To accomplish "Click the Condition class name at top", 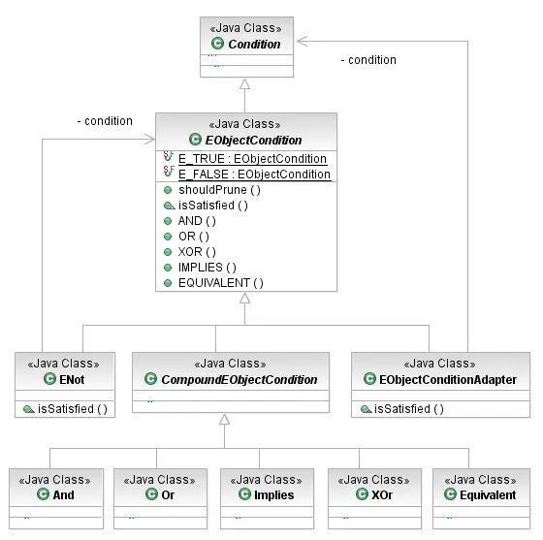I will pyautogui.click(x=254, y=44).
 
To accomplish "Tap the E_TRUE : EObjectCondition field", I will pyautogui.click(x=251, y=158).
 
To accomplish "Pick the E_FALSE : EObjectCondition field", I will pyautogui.click(x=254, y=175).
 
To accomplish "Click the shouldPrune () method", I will pyautogui.click(x=219, y=189).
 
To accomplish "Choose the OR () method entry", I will pyautogui.click(x=192, y=236).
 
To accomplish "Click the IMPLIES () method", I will pyautogui.click(x=206, y=267).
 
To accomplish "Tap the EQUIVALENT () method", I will pyautogui.click(x=220, y=282).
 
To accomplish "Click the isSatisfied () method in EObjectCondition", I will pyautogui.click(x=213, y=205).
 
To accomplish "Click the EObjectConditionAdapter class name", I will pyautogui.click(x=447, y=379).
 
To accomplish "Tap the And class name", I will pyautogui.click(x=64, y=494).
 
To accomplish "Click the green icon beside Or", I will pyautogui.click(x=152, y=494).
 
